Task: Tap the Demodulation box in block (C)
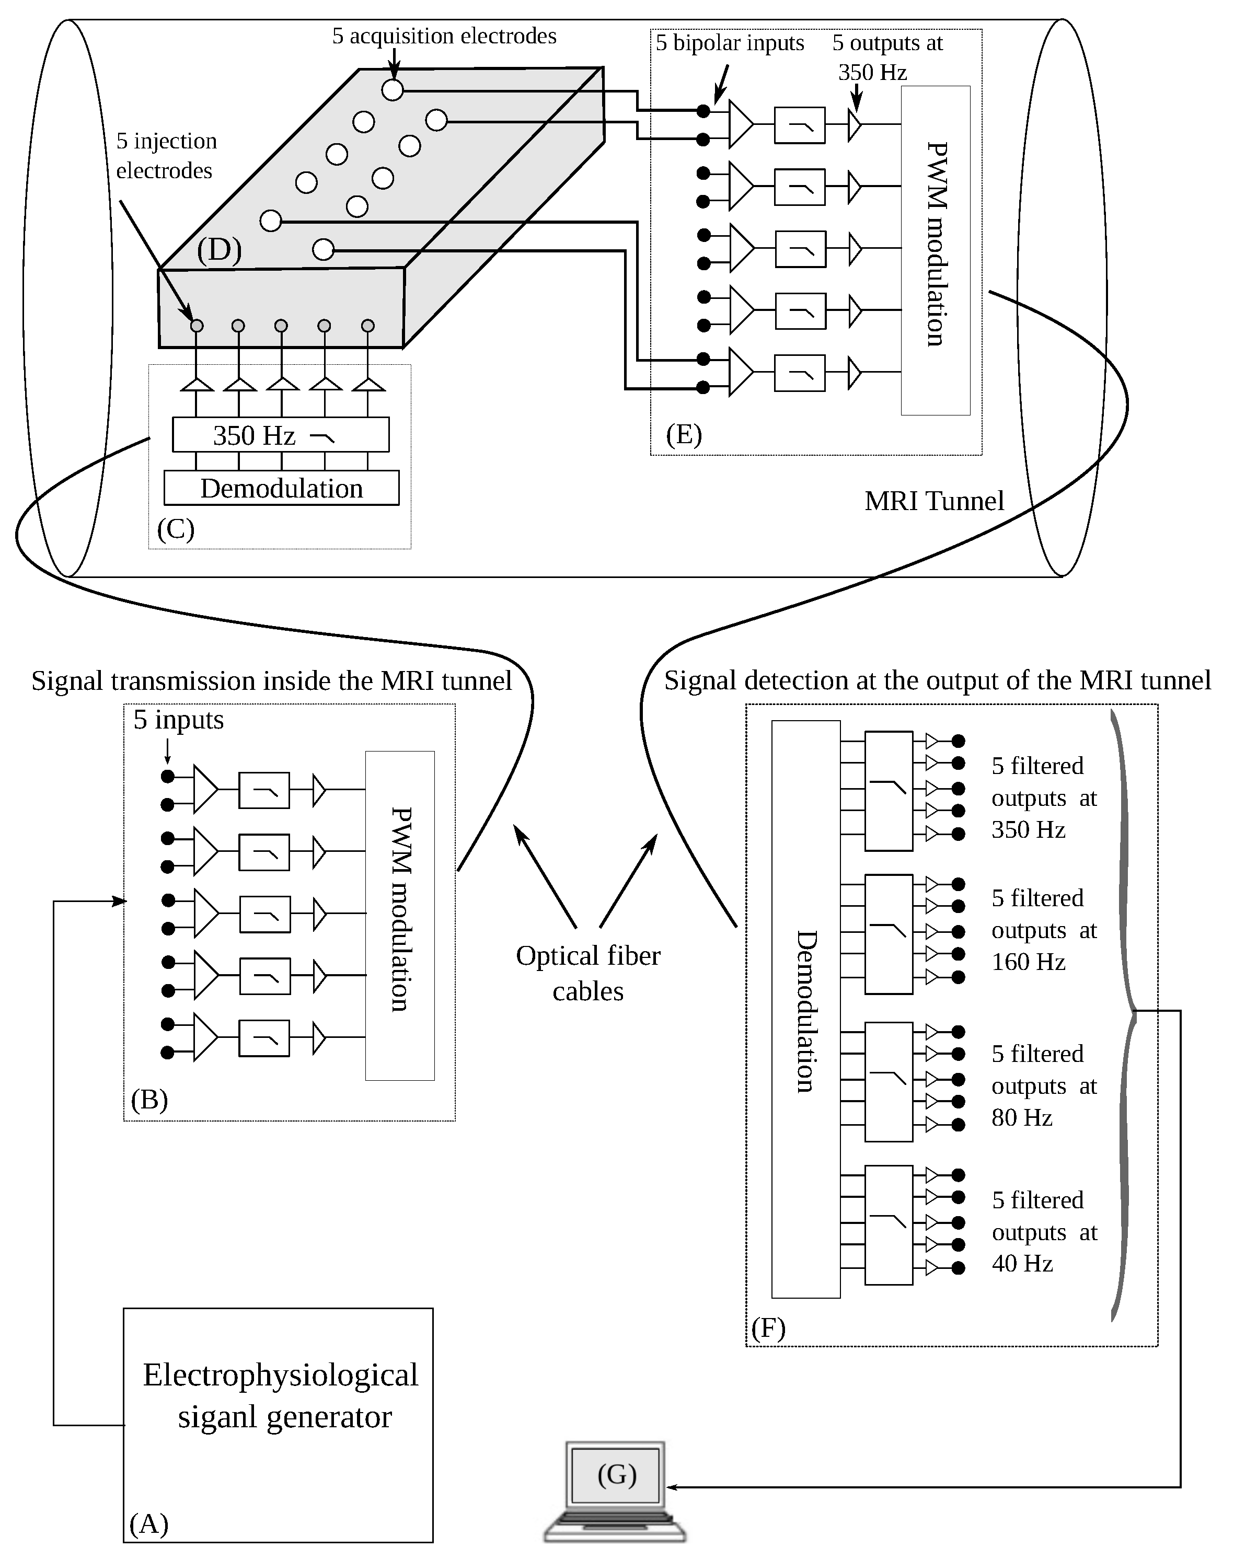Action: pos(281,488)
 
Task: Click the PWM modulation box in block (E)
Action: pos(935,249)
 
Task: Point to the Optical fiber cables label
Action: pos(588,973)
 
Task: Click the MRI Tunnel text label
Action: pos(933,501)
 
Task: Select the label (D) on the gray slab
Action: pos(219,250)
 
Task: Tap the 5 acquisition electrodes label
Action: pos(444,36)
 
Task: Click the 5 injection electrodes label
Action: pos(166,155)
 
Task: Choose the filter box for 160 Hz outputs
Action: pos(889,934)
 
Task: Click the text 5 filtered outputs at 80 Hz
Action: pos(1043,1085)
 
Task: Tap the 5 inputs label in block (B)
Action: pos(178,720)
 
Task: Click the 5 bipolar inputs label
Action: pos(730,43)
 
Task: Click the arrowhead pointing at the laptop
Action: pos(671,1487)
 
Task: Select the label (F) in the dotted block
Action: pos(768,1328)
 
